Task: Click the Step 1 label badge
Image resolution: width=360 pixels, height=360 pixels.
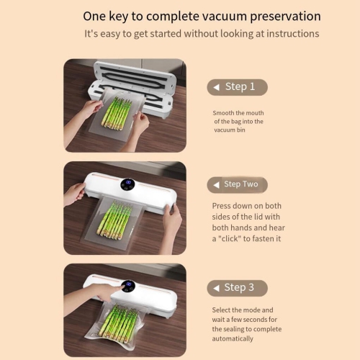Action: (237, 87)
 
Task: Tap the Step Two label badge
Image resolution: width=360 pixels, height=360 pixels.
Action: (237, 184)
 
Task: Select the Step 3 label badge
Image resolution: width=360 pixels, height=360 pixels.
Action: (237, 288)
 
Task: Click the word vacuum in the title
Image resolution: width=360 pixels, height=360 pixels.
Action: (207, 16)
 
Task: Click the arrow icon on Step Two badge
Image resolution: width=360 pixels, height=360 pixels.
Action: (215, 185)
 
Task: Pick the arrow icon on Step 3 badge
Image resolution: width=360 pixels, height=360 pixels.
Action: (215, 289)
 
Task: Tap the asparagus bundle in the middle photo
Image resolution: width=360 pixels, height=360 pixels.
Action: (115, 220)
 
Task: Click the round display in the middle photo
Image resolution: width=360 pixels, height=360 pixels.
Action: (127, 184)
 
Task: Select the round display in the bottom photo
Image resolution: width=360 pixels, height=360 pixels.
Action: (128, 286)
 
